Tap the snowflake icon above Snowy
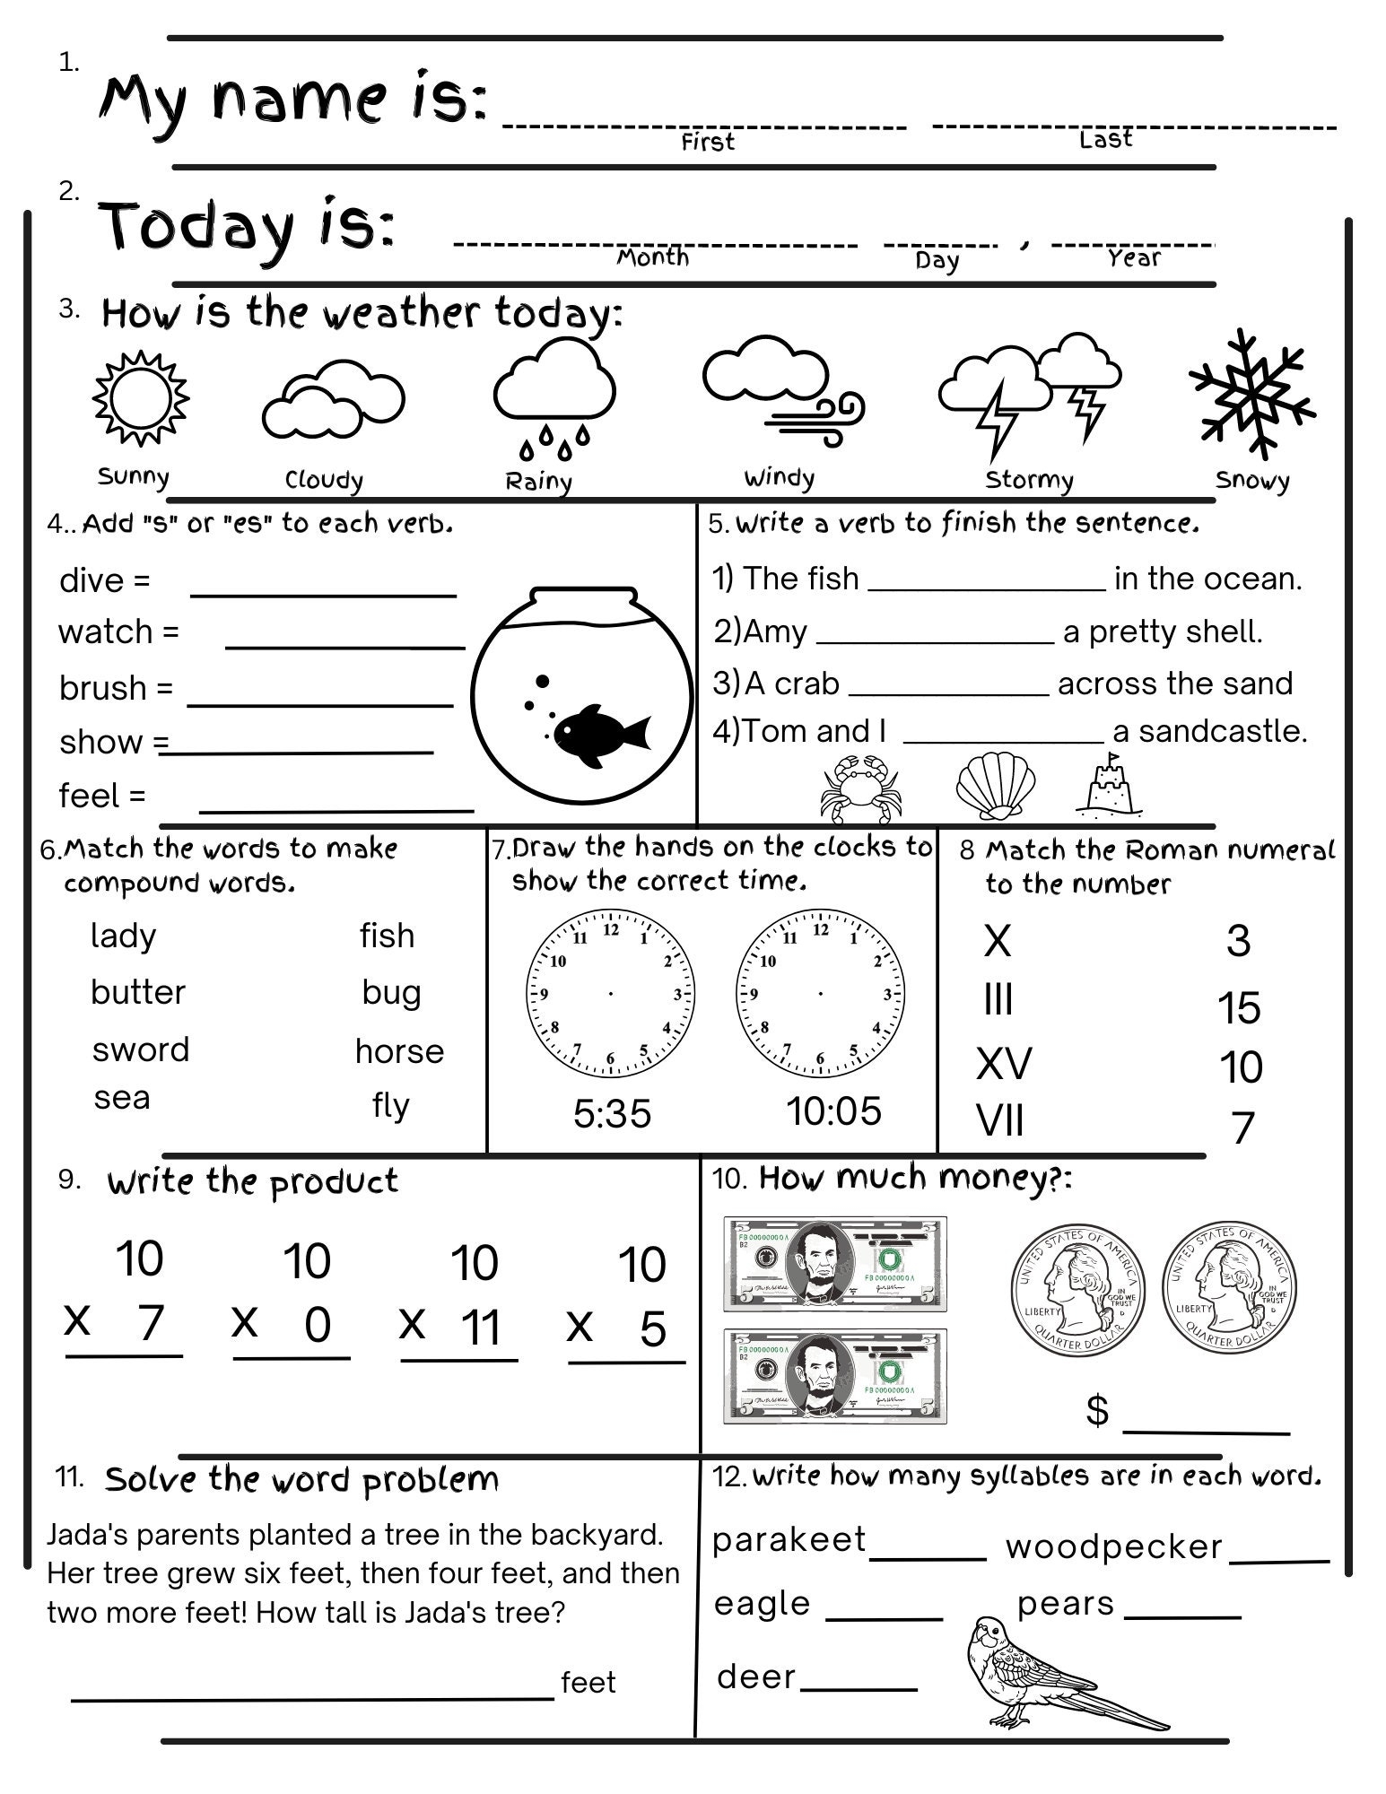pos(1251,391)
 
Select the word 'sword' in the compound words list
pos(141,1049)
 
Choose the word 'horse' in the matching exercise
pos(399,1050)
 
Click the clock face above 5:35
pos(611,993)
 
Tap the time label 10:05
pos(833,1111)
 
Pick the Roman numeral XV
pos(1004,1064)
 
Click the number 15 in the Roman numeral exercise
pos(1239,1008)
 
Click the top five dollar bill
pos(834,1264)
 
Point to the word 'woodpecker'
pos(1113,1546)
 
